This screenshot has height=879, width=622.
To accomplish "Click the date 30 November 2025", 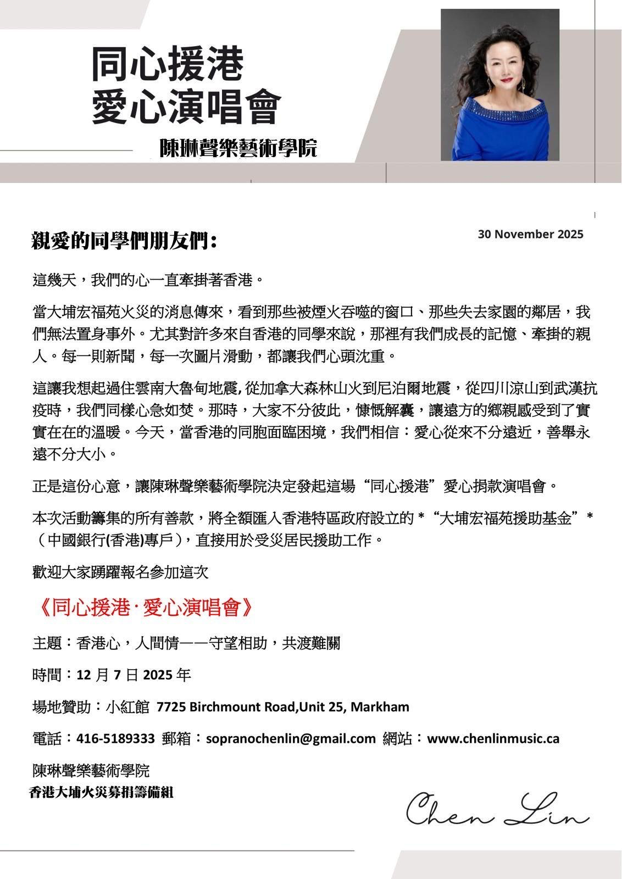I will pyautogui.click(x=530, y=235).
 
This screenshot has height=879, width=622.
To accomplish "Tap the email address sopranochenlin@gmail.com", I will pyautogui.click(x=291, y=738).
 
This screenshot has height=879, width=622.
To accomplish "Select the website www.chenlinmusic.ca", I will pyautogui.click(x=493, y=738).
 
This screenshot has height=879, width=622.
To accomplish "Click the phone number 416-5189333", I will pyautogui.click(x=116, y=738).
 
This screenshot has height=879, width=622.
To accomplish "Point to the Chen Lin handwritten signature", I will pyautogui.click(x=497, y=810).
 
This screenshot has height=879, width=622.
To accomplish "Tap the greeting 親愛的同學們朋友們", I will pyautogui.click(x=124, y=241).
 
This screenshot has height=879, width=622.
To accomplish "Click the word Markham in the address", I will pyautogui.click(x=380, y=706).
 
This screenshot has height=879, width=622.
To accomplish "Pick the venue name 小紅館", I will pyautogui.click(x=127, y=706).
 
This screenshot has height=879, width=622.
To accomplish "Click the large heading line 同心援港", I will pyautogui.click(x=167, y=64).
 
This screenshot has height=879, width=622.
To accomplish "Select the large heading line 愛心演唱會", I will pyautogui.click(x=186, y=107).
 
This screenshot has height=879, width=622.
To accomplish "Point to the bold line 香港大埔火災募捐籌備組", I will pyautogui.click(x=102, y=792).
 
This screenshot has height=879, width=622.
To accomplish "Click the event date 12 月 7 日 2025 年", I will pyautogui.click(x=134, y=675).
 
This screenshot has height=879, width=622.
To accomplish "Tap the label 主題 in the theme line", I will pyautogui.click(x=48, y=643).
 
